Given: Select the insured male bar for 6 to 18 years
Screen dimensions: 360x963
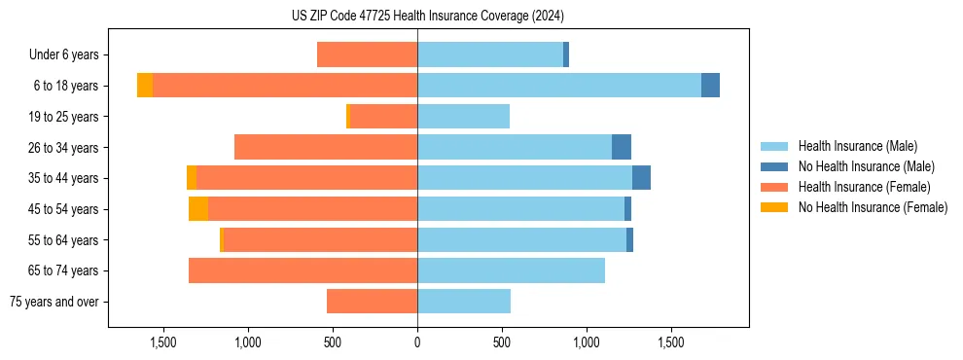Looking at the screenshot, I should [559, 86].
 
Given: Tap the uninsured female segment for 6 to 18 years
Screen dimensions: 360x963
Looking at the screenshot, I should [145, 86].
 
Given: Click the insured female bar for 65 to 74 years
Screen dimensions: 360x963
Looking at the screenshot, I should [303, 270].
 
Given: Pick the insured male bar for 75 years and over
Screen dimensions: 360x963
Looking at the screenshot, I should [464, 302].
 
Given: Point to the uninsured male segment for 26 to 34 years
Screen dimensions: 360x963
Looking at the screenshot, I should [622, 147].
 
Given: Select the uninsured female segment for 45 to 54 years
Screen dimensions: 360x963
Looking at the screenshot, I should [198, 209].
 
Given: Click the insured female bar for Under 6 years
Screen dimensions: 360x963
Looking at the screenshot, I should [367, 54].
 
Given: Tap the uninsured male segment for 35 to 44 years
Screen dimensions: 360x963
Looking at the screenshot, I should [641, 178].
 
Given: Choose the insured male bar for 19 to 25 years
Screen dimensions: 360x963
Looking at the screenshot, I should [463, 117].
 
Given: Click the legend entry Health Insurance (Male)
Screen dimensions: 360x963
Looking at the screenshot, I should [857, 146].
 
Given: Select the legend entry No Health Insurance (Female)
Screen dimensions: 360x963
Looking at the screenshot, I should [873, 207].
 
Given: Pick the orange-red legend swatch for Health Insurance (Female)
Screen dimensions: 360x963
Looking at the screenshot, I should [775, 187].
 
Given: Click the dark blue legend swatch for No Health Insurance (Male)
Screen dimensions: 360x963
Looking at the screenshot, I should [775, 166].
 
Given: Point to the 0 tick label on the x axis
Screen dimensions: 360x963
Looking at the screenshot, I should [417, 342].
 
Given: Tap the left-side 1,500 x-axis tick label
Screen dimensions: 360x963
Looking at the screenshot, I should [162, 342].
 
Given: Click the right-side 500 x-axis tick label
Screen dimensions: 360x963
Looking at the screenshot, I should [502, 342].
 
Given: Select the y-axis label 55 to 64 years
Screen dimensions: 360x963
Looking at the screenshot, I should [63, 240].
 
